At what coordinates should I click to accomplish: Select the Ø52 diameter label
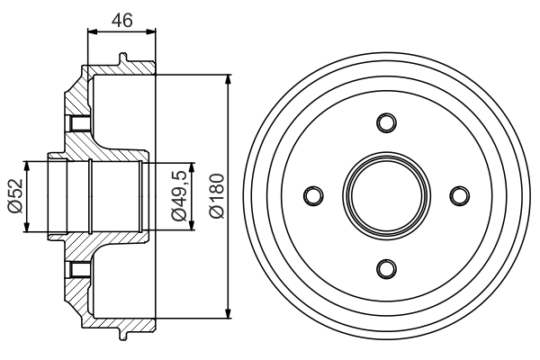(13, 196)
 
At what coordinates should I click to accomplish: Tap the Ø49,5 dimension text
(179, 195)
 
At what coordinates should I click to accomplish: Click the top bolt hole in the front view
(386, 122)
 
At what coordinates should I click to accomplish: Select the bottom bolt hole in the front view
(386, 268)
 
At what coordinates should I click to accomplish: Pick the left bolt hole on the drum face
(313, 195)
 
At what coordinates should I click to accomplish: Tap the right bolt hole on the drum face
(459, 195)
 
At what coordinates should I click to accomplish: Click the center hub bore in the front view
(386, 195)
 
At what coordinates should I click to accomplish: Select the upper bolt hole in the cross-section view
(78, 123)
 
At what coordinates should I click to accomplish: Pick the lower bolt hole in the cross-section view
(78, 268)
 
